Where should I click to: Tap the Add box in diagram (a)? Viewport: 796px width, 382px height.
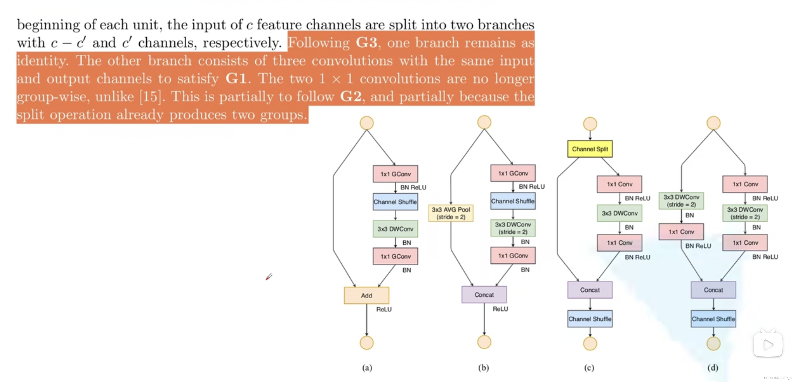click(x=367, y=295)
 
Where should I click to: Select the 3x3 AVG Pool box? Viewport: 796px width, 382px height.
click(x=451, y=213)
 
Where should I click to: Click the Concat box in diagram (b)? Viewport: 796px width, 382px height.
click(x=484, y=295)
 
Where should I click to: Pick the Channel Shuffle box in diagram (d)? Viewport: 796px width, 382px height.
click(x=713, y=319)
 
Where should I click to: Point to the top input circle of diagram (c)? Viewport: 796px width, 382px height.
click(x=590, y=124)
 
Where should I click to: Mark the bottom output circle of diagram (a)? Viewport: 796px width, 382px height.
click(x=367, y=343)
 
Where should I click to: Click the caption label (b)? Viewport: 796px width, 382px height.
click(x=484, y=367)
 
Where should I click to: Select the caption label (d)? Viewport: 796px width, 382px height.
click(x=712, y=367)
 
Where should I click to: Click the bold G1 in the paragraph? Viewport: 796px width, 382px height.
click(x=236, y=79)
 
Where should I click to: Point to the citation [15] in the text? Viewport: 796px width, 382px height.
click(x=150, y=97)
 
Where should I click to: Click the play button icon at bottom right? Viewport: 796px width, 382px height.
click(x=768, y=345)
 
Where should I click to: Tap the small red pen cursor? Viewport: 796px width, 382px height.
click(x=269, y=277)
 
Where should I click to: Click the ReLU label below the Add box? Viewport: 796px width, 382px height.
click(x=384, y=309)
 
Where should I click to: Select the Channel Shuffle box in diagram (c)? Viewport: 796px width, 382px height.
click(x=590, y=319)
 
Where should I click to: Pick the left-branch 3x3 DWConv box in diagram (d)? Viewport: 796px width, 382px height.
click(x=681, y=201)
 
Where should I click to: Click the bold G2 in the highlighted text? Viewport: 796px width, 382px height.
click(x=351, y=97)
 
